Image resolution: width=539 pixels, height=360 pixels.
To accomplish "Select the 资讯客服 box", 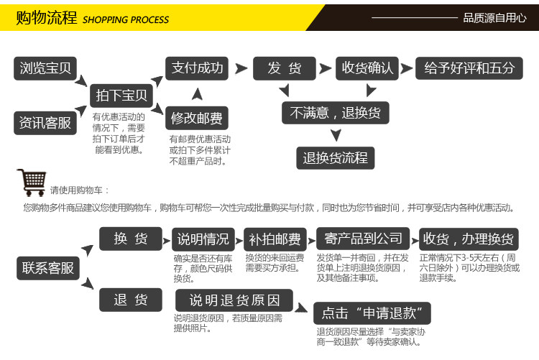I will point(45,123).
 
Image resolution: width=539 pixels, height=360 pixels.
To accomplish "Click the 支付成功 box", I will point(198,69).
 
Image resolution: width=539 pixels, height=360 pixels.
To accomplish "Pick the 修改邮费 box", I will point(196,117).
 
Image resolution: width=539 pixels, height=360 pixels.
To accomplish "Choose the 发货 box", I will point(285,68).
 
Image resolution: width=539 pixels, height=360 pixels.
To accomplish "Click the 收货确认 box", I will point(367,68).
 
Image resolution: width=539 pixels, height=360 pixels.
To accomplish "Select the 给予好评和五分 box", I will point(469,68).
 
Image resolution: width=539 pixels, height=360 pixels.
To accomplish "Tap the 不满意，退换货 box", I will point(335,113).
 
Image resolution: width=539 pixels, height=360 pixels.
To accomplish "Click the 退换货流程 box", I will point(335,157).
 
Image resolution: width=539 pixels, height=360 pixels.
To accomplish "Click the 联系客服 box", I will point(48,268).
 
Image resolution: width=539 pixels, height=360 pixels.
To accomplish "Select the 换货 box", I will point(130,239).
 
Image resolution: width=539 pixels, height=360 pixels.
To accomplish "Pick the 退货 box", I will point(130,300).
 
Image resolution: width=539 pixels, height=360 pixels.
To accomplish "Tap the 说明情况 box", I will point(203,239).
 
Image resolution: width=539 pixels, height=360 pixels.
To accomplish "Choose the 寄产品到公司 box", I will point(362,239).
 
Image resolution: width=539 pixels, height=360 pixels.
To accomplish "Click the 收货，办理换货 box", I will point(468,239).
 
